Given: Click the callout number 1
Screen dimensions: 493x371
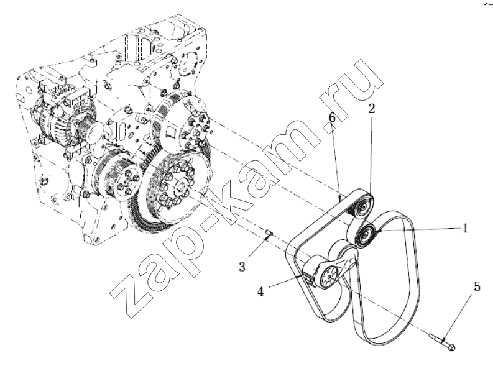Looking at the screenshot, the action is coord(464,228).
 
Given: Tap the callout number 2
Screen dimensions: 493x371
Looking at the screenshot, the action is coord(372,109).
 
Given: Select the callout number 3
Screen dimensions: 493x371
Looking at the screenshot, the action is coord(242,267).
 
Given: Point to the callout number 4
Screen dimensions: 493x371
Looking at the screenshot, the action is coord(260,292).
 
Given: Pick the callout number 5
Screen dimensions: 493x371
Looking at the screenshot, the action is coord(477,286).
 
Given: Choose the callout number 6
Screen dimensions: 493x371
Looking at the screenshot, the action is coord(333,118).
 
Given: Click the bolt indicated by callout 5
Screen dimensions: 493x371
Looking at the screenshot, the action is coord(442,342).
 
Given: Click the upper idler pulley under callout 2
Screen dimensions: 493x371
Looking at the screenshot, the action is coord(363,208).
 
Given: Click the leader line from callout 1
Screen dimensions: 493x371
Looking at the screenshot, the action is coord(420,230).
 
